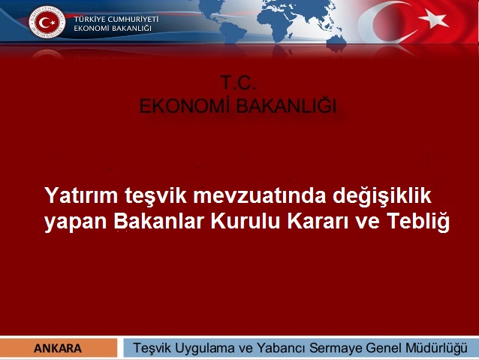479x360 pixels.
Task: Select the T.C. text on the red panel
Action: point(238,83)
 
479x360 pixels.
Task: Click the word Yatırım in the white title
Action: point(77,197)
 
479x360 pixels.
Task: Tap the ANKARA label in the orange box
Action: point(58,348)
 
